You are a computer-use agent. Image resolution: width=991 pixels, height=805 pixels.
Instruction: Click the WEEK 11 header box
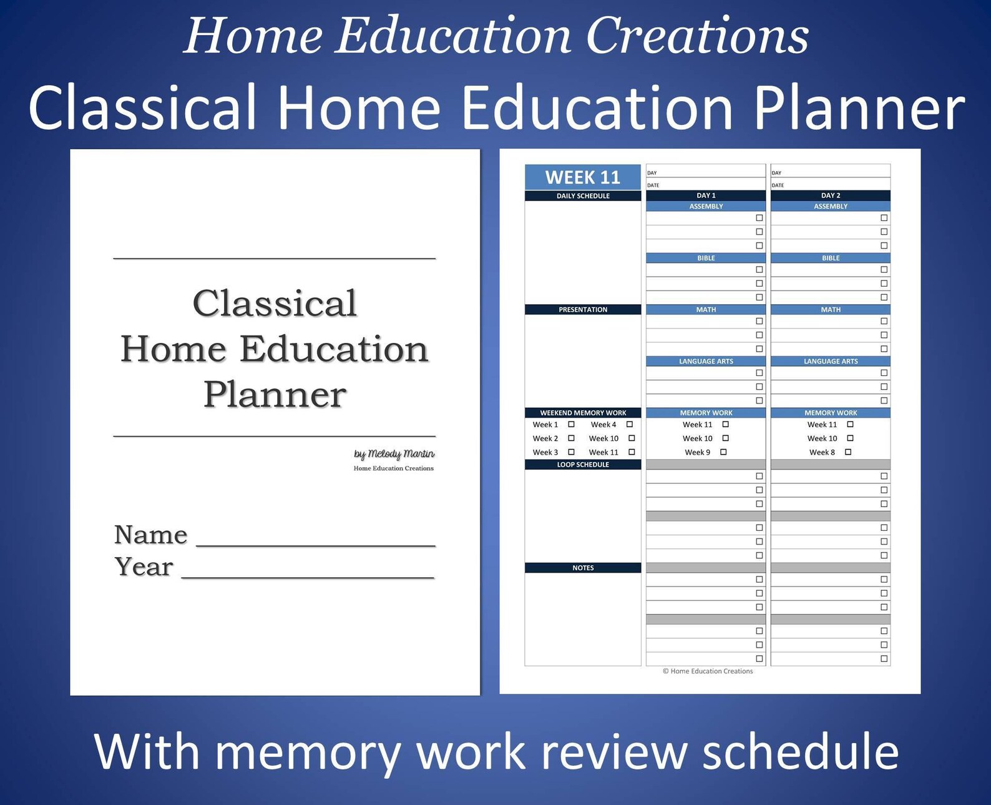pyautogui.click(x=582, y=177)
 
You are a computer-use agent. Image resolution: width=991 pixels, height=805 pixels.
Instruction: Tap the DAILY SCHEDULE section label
pyautogui.click(x=583, y=196)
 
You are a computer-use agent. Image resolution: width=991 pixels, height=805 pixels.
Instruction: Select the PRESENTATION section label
pyautogui.click(x=583, y=310)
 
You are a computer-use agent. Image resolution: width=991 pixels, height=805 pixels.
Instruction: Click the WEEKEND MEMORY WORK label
pyautogui.click(x=583, y=413)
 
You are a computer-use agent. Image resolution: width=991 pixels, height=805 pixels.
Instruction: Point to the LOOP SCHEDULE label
pyautogui.click(x=583, y=465)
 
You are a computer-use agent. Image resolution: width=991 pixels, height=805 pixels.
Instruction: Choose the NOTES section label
pyautogui.click(x=583, y=568)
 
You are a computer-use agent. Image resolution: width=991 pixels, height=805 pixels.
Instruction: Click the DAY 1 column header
pyautogui.click(x=706, y=195)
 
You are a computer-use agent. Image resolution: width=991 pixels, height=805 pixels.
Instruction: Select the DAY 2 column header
pyautogui.click(x=831, y=195)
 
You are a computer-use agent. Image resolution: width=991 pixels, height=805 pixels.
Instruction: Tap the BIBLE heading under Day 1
pyautogui.click(x=706, y=258)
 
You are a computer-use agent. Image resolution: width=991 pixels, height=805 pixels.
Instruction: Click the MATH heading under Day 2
pyautogui.click(x=831, y=310)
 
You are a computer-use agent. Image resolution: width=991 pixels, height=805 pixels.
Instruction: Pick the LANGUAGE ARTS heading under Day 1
pyautogui.click(x=706, y=361)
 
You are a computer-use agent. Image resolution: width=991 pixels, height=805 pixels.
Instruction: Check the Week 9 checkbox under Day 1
pyautogui.click(x=723, y=452)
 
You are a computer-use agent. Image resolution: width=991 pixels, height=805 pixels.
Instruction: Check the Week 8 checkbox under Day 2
pyautogui.click(x=848, y=452)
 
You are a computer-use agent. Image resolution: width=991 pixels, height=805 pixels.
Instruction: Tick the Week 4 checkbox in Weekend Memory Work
pyautogui.click(x=630, y=425)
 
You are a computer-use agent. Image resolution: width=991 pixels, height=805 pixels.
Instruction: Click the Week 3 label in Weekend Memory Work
pyautogui.click(x=545, y=452)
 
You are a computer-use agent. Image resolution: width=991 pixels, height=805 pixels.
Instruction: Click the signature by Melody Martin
pyautogui.click(x=394, y=454)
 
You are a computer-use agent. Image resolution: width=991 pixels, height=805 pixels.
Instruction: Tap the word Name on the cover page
pyautogui.click(x=151, y=535)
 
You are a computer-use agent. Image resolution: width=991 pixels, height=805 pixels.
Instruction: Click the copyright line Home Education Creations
pyautogui.click(x=708, y=671)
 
